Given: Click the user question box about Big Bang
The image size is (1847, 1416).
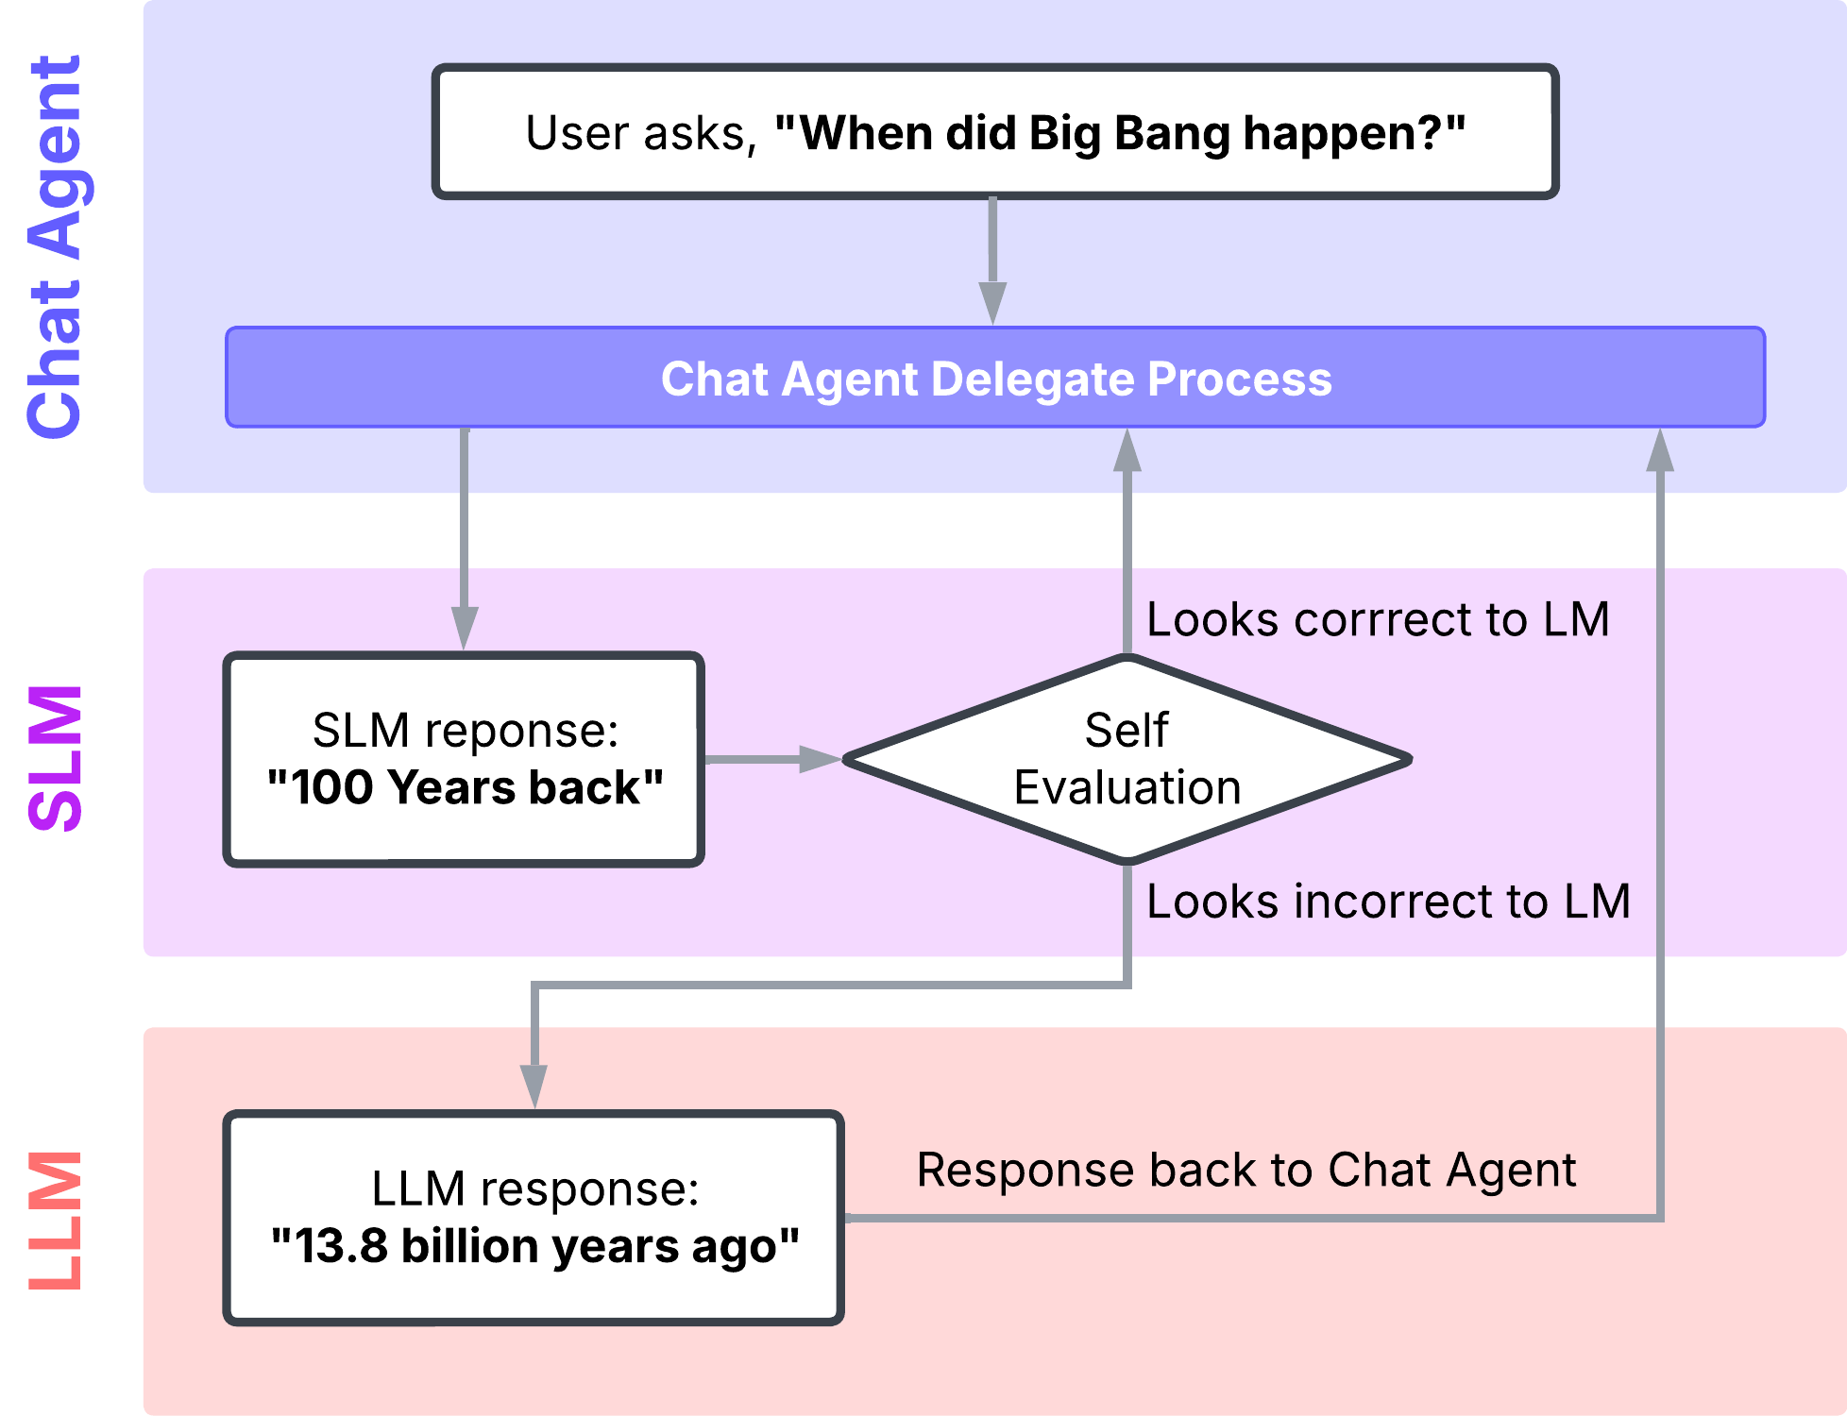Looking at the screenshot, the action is [x=995, y=131].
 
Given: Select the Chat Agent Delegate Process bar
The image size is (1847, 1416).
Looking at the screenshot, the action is [x=995, y=378].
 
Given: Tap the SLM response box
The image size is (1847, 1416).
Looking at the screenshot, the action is [x=464, y=759].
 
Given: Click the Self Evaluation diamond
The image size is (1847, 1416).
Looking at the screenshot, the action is [x=1127, y=759].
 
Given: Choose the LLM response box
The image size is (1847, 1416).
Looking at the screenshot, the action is [x=534, y=1218].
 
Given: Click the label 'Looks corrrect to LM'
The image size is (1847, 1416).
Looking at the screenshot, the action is [x=1378, y=620].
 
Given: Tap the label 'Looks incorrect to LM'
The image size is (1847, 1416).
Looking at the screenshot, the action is [x=1388, y=902].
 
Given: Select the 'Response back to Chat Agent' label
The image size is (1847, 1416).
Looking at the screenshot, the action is [x=1246, y=1172].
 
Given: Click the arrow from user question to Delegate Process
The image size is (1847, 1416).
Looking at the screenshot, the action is [x=992, y=261].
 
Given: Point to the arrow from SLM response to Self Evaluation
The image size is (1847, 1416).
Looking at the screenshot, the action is [x=773, y=759].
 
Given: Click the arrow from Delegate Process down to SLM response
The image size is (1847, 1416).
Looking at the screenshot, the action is [x=464, y=539].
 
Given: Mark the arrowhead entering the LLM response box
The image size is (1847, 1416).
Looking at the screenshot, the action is [x=534, y=1087].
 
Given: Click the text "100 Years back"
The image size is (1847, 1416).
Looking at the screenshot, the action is [x=465, y=787].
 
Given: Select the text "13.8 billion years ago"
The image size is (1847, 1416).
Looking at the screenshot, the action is [x=534, y=1246].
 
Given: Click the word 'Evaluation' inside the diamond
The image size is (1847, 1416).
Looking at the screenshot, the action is [x=1127, y=787].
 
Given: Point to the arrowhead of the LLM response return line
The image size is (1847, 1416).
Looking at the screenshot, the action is [x=1660, y=450].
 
